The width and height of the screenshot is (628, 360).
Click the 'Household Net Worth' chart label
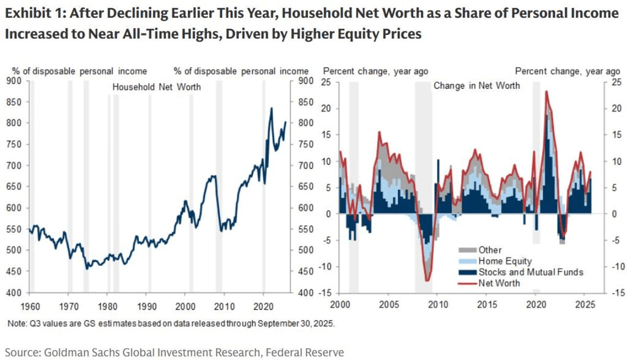coord(156,87)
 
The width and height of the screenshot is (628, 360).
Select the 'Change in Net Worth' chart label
coord(476,85)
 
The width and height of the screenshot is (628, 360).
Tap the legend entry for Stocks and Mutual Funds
coord(530,272)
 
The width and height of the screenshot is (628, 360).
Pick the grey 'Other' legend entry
coord(489,250)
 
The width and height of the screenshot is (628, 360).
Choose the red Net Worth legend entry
coord(499,283)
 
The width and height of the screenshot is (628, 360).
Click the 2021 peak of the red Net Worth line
coord(546,92)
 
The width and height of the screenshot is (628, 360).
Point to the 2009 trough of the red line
coord(427,281)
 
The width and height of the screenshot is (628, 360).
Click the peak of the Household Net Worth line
coord(271,108)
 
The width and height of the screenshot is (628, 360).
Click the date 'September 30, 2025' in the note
coord(297,323)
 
